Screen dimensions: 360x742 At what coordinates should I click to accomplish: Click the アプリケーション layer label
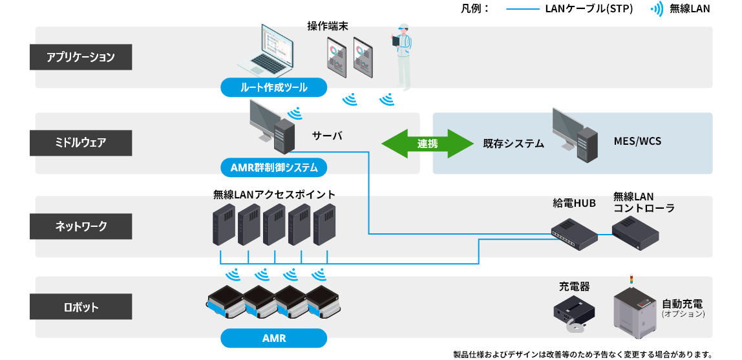(81, 57)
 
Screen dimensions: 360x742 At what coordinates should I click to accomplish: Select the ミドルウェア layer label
(81, 143)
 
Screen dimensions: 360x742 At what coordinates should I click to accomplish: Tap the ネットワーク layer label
(81, 226)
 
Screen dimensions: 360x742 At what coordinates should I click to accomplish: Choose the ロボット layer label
(81, 307)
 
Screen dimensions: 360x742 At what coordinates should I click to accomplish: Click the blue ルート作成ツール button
(273, 87)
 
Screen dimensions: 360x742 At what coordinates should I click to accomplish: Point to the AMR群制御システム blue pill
(273, 167)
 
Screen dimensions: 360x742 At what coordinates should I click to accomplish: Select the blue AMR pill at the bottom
(273, 338)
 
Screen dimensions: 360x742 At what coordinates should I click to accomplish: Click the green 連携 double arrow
(427, 143)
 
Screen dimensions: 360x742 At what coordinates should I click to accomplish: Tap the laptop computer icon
(265, 52)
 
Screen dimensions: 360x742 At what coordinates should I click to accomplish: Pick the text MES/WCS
(637, 141)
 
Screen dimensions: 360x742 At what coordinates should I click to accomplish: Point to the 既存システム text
(513, 143)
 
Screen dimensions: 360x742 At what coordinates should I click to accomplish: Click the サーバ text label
(327, 136)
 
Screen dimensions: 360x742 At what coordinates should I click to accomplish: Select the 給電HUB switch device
(574, 234)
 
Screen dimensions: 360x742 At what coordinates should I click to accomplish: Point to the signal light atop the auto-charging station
(631, 281)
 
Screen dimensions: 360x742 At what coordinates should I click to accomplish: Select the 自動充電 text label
(682, 303)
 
